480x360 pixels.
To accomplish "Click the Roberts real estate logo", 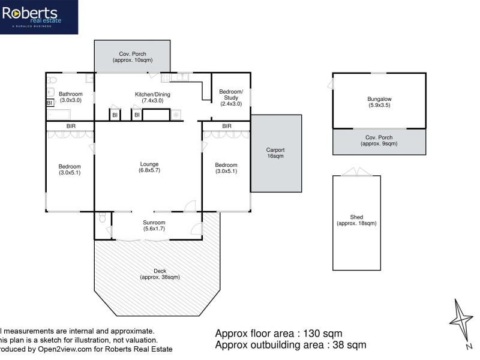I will click(38, 17).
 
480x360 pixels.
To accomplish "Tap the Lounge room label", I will click(149, 167).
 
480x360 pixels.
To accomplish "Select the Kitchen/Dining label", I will click(149, 97).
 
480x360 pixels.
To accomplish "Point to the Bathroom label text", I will click(70, 97).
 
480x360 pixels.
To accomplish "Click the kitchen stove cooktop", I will click(176, 115).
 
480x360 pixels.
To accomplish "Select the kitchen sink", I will click(179, 77).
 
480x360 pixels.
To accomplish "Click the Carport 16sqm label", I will click(275, 153).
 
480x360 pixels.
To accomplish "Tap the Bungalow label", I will click(379, 102).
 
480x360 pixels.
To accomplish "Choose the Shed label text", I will click(356, 220).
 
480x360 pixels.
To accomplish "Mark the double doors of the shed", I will click(356, 173).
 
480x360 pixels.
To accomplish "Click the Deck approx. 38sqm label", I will click(159, 274).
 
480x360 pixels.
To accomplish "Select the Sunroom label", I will click(154, 225).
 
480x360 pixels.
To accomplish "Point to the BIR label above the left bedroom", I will click(70, 126).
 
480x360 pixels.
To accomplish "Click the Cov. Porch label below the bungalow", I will click(379, 141).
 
